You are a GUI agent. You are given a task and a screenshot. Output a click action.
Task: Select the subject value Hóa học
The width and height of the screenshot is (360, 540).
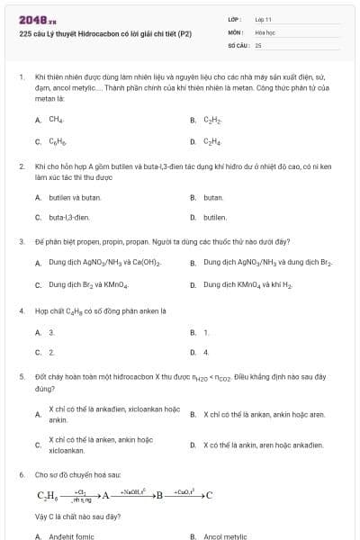point(265,31)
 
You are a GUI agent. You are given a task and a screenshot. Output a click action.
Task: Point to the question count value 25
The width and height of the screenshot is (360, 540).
point(258,44)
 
